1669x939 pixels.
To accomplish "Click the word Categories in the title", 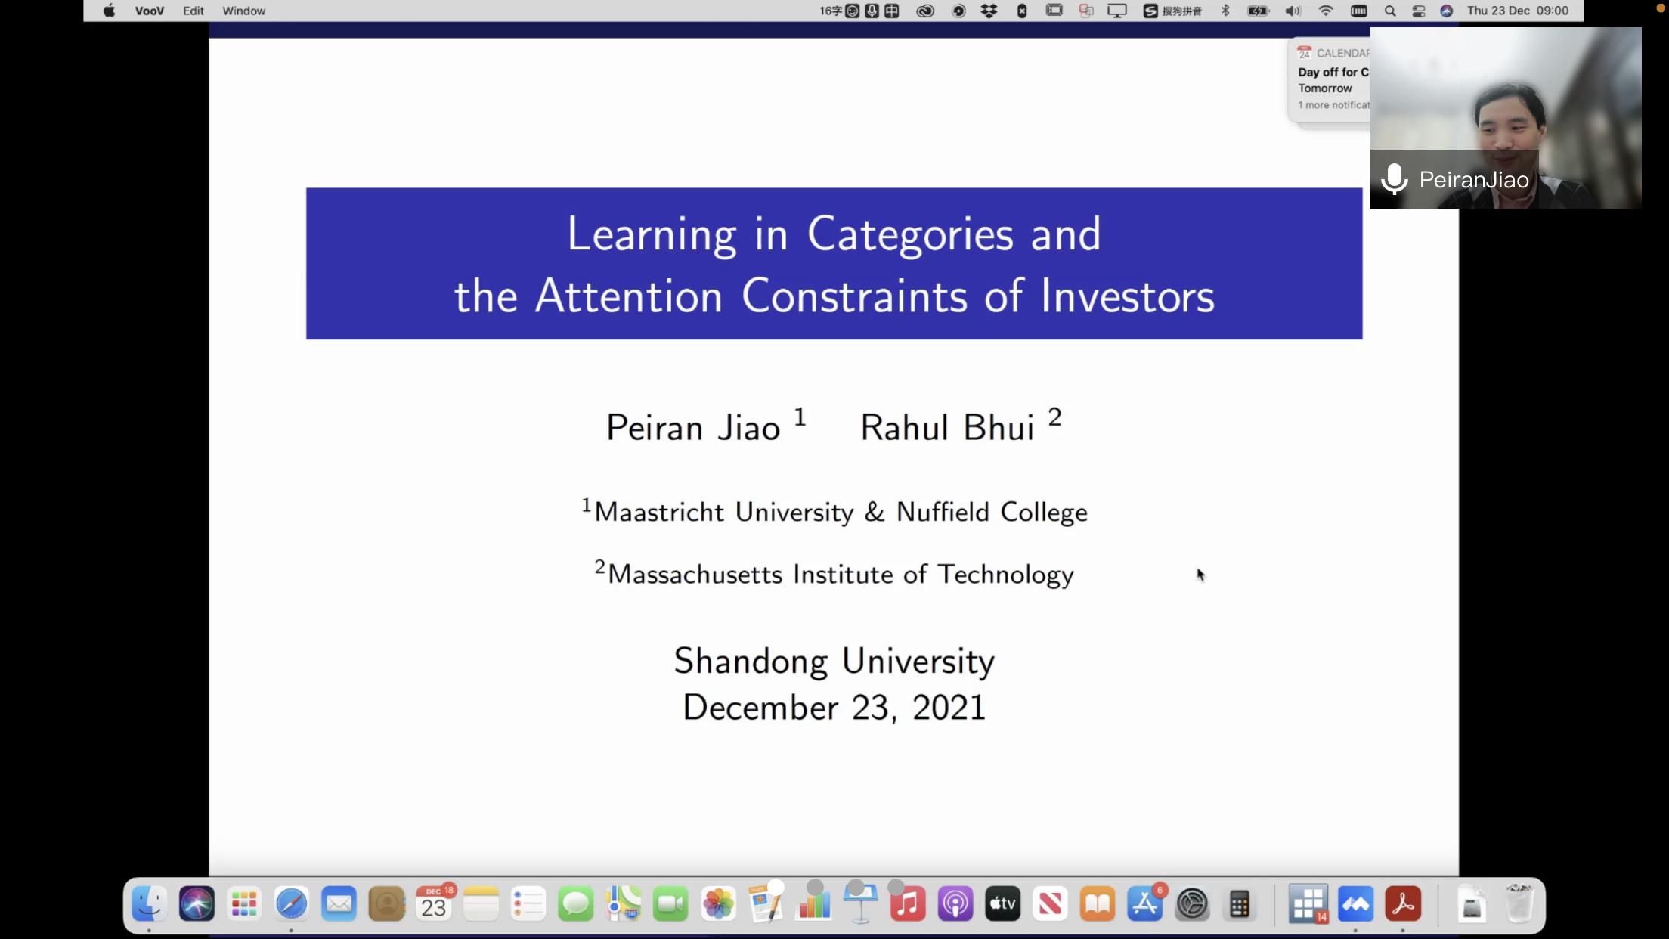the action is tap(910, 235).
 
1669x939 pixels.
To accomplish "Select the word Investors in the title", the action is tap(1127, 296).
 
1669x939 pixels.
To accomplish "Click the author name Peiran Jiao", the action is tap(693, 428).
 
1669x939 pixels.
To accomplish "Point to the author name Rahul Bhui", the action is tap(947, 428).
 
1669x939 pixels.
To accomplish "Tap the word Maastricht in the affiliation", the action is tap(659, 512).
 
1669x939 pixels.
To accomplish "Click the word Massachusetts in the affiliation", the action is tap(695, 575).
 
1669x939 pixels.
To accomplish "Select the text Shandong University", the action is tap(834, 662).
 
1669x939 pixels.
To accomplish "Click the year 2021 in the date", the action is tap(949, 708).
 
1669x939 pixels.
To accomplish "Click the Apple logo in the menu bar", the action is tap(110, 11).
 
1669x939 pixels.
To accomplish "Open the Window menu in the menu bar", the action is tap(244, 11).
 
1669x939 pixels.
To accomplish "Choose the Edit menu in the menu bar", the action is tap(194, 11).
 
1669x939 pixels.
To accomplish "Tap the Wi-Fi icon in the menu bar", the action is tap(1326, 11).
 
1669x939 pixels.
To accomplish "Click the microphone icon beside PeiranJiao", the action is tap(1394, 180).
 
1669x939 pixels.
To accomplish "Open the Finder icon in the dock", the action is tap(149, 904).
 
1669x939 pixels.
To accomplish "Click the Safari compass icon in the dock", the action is tap(291, 904).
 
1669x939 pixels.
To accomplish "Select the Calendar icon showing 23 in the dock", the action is tap(434, 904).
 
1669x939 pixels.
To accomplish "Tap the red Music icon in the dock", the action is tap(908, 904).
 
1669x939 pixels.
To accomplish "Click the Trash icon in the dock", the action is tap(1519, 904).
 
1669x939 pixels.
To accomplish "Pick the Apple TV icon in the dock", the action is tap(1003, 904).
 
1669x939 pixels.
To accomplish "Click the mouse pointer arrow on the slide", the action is tap(1200, 575).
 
